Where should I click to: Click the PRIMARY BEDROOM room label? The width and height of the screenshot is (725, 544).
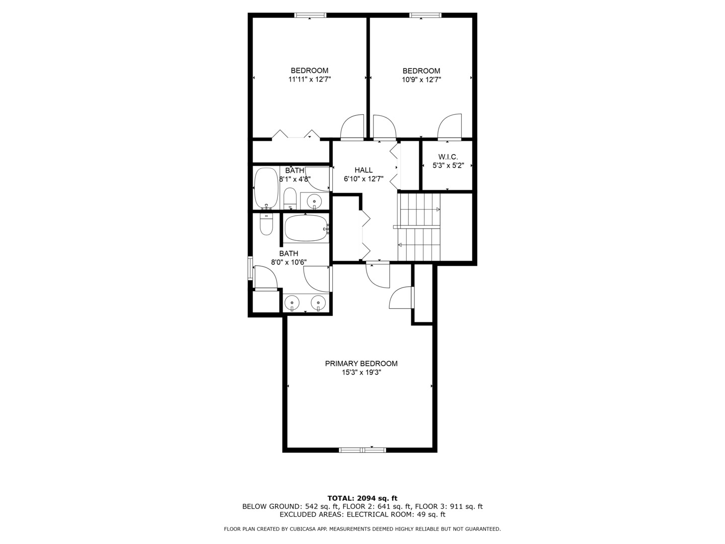pyautogui.click(x=361, y=363)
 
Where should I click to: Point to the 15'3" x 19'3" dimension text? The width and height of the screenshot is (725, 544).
pyautogui.click(x=361, y=373)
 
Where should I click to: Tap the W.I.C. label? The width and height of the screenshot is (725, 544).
pyautogui.click(x=448, y=157)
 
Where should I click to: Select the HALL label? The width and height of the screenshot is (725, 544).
pyautogui.click(x=363, y=170)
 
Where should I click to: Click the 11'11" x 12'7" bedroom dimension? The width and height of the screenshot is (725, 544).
pyautogui.click(x=309, y=80)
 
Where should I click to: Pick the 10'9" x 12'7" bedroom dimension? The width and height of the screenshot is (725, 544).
pyautogui.click(x=421, y=80)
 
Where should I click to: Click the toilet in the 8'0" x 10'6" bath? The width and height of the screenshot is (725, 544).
pyautogui.click(x=266, y=225)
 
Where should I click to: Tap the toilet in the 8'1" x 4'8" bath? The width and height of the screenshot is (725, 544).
pyautogui.click(x=290, y=198)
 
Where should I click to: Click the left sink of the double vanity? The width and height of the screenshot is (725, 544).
pyautogui.click(x=292, y=303)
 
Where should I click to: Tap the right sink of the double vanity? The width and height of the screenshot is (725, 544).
pyautogui.click(x=318, y=303)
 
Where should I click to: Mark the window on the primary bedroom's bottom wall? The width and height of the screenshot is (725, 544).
pyautogui.click(x=362, y=449)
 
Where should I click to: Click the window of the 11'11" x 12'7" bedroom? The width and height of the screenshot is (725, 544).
pyautogui.click(x=310, y=15)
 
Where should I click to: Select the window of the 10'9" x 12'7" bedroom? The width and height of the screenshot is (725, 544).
pyautogui.click(x=426, y=15)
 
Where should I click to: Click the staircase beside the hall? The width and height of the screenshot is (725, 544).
pyautogui.click(x=419, y=227)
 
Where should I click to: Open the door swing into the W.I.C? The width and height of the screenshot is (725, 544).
pyautogui.click(x=450, y=126)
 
